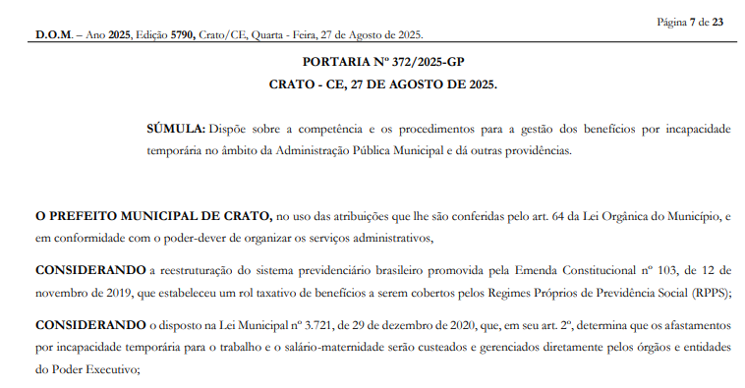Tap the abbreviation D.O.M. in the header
[54, 35]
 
